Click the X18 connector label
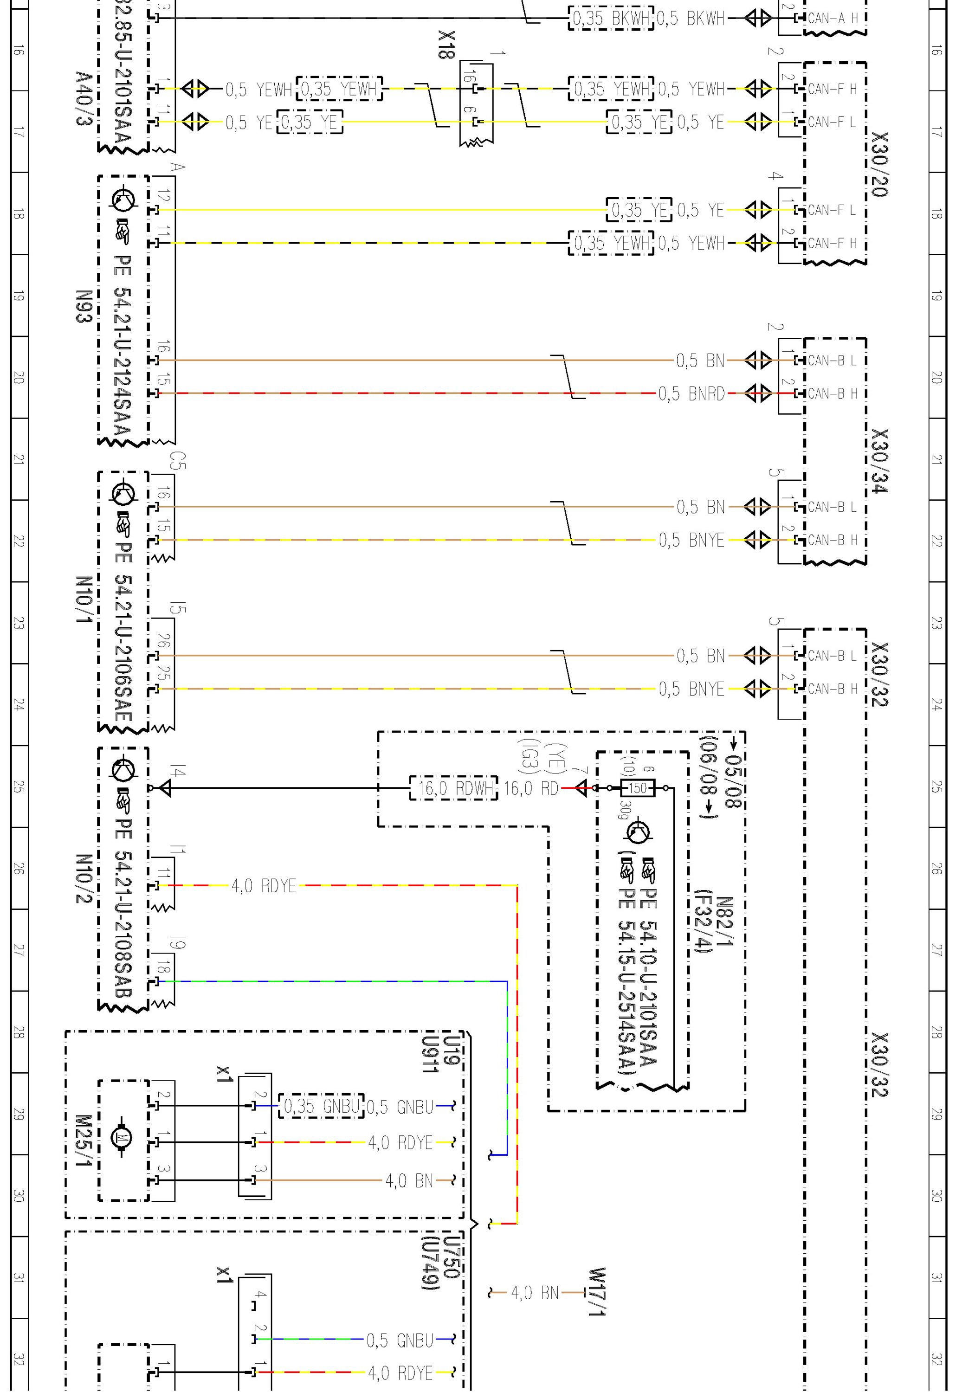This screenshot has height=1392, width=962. click(446, 45)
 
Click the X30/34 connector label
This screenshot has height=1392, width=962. click(881, 461)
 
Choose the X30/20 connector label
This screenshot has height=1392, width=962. click(881, 164)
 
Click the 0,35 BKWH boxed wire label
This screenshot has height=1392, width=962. click(611, 19)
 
